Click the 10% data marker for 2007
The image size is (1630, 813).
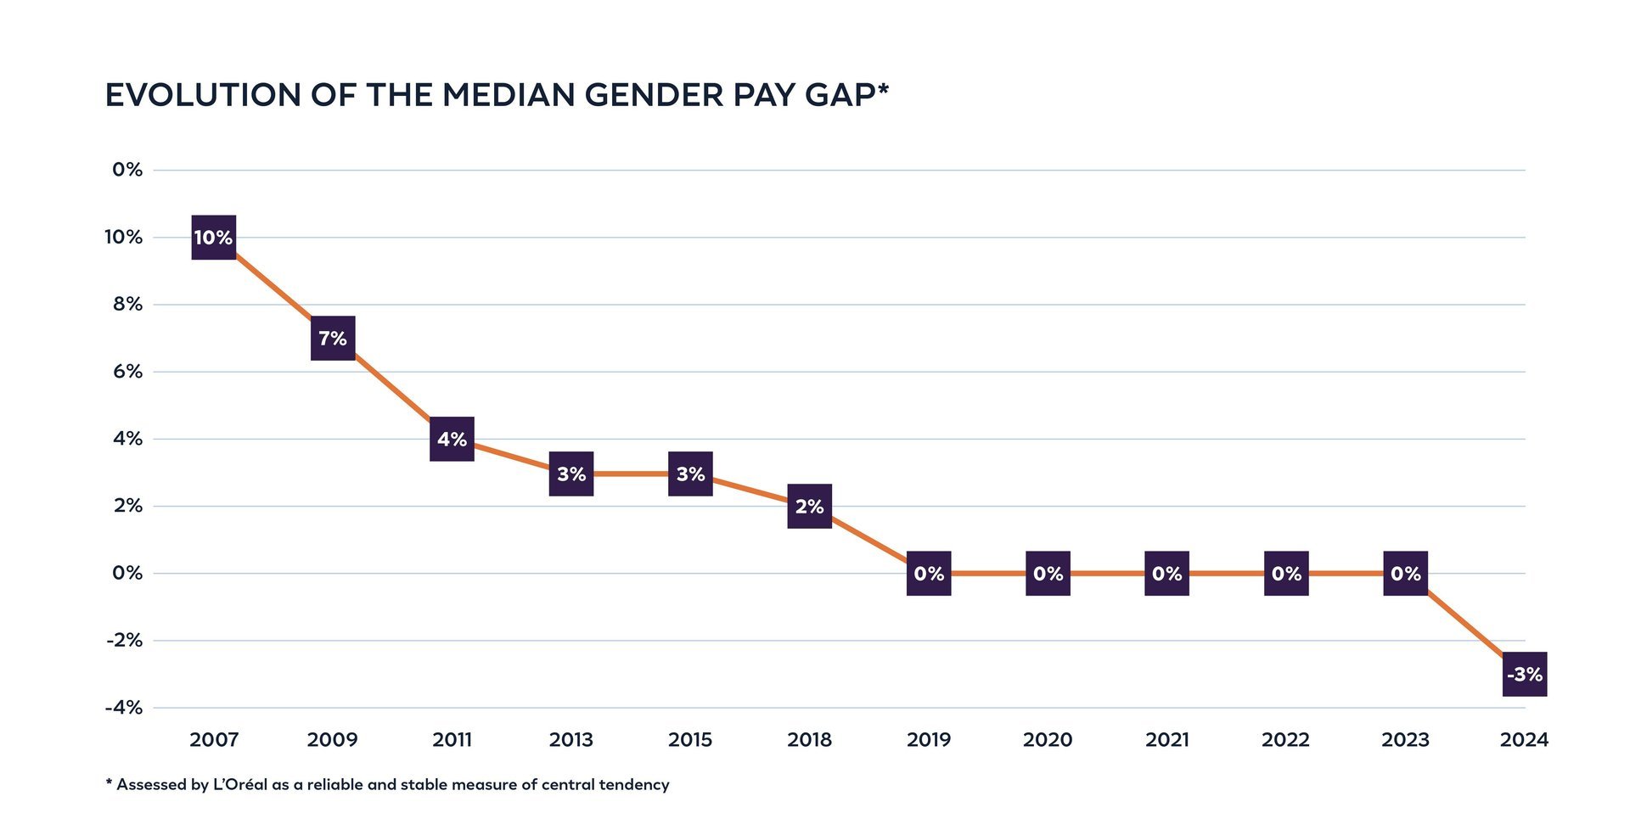214,238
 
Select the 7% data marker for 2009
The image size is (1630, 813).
333,339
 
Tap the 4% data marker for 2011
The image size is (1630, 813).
452,440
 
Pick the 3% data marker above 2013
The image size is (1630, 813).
571,474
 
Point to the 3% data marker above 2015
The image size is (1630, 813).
690,474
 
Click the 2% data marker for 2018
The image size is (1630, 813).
810,507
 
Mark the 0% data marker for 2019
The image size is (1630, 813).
929,574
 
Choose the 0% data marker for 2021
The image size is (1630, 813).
1167,574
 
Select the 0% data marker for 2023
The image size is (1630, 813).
1406,574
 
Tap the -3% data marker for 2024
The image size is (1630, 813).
1525,675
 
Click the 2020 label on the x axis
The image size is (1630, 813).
1048,740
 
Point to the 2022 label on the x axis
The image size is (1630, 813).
1286,740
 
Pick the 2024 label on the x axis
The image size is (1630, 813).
1525,740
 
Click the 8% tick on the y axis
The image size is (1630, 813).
128,304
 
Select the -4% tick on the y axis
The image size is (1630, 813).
124,708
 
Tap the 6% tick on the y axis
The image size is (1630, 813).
128,372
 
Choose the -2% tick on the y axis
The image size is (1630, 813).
124,641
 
